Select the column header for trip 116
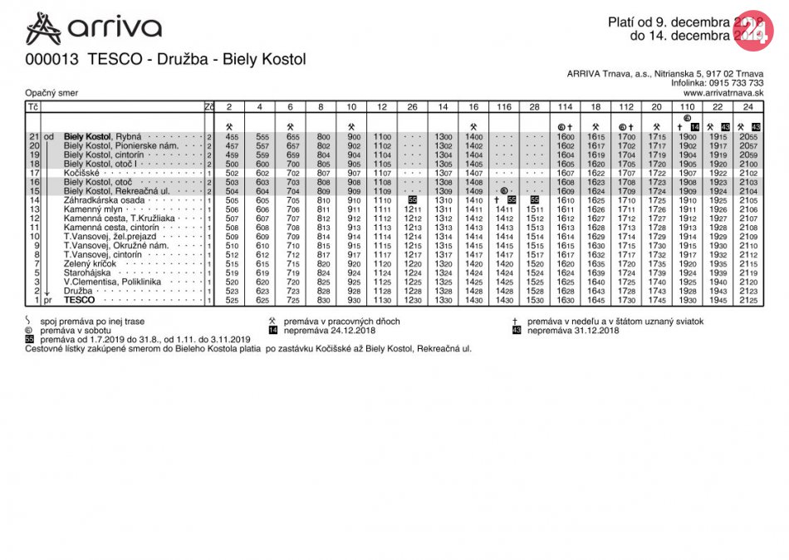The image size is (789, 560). click(x=504, y=107)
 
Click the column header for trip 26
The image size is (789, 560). click(x=412, y=107)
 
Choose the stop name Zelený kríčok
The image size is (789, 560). click(x=94, y=263)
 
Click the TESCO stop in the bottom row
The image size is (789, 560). click(x=79, y=300)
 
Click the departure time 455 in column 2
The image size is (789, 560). click(x=232, y=137)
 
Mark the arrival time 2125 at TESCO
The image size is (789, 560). click(x=748, y=300)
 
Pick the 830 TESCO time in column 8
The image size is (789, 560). click(x=323, y=300)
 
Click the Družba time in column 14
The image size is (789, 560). click(x=443, y=291)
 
